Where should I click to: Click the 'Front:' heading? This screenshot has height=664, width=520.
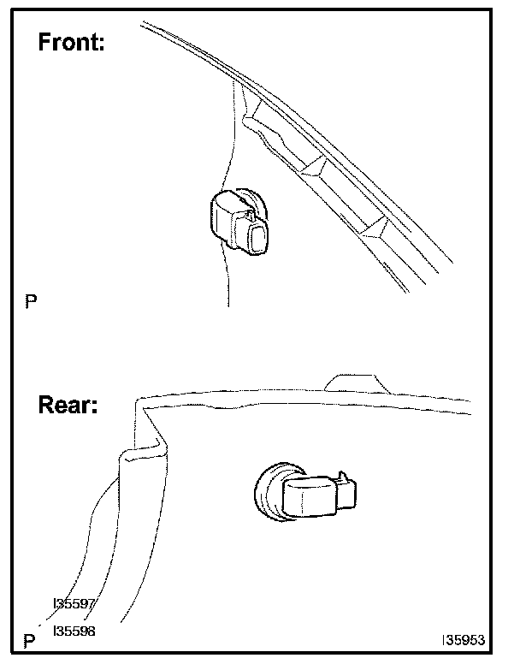click(71, 43)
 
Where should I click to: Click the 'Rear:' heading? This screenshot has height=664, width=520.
click(68, 404)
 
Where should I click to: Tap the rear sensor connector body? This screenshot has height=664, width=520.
click(312, 496)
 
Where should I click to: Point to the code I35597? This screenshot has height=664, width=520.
click(74, 604)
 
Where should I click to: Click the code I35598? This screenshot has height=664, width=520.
click(74, 631)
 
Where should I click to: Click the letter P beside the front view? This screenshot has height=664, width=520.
click(32, 301)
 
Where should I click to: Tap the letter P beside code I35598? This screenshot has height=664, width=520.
click(31, 641)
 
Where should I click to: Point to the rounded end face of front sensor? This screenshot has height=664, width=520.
click(256, 238)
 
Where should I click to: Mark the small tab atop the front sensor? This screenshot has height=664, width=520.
click(250, 203)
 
